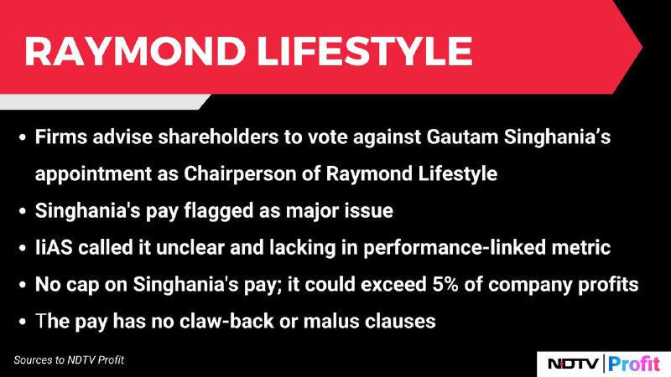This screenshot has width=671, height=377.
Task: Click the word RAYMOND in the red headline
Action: pyautogui.click(x=135, y=51)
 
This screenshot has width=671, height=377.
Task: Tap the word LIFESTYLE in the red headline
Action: pyautogui.click(x=365, y=51)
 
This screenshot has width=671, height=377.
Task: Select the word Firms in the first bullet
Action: pyautogui.click(x=60, y=137)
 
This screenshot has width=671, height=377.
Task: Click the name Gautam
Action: pyautogui.click(x=462, y=137)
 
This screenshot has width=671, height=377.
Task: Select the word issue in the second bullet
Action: pyautogui.click(x=371, y=211)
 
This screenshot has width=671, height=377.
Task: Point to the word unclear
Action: pyautogui.click(x=190, y=248)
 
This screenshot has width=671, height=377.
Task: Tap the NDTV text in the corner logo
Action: pyautogui.click(x=573, y=364)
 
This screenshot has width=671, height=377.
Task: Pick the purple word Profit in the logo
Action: pyautogui.click(x=634, y=364)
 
